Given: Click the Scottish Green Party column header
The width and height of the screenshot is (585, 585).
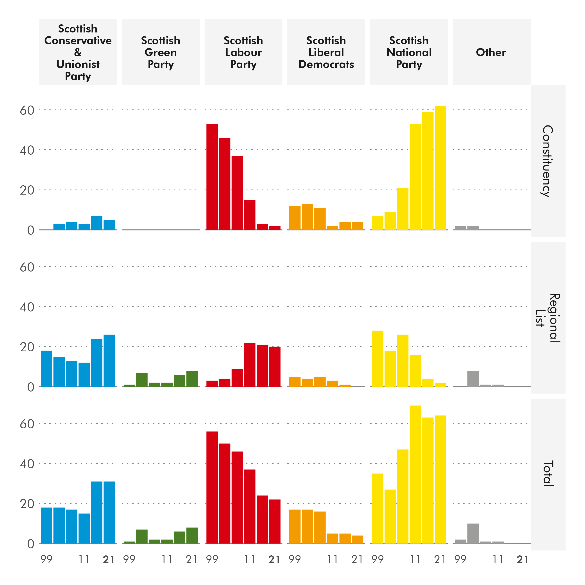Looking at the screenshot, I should [x=161, y=52].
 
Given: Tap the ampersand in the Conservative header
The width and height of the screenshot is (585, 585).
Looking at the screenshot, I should [x=78, y=52].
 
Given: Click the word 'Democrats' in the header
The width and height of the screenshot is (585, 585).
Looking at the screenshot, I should [x=326, y=64].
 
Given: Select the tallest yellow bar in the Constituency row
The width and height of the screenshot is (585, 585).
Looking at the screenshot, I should [x=440, y=168].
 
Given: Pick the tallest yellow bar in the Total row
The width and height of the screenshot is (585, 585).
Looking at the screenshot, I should [x=415, y=474].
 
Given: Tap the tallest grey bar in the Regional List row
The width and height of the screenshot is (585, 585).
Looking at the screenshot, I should [x=473, y=379].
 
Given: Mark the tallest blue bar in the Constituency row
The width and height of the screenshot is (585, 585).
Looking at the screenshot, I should [x=97, y=223].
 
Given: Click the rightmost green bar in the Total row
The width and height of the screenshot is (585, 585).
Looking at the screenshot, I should [x=192, y=536].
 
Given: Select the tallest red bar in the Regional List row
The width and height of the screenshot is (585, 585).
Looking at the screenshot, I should [x=249, y=365].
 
